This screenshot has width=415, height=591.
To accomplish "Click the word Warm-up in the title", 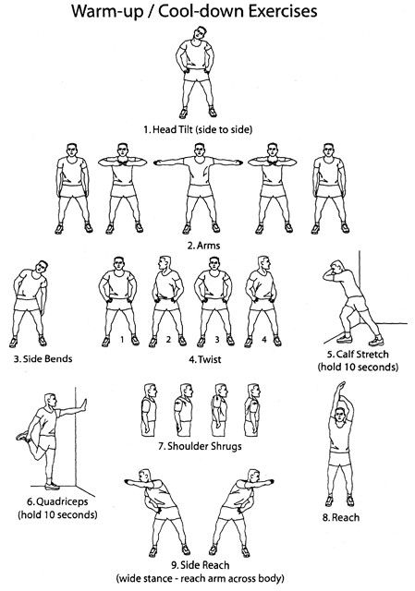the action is [x=107, y=12].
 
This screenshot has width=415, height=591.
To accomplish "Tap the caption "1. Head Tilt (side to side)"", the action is [x=198, y=129].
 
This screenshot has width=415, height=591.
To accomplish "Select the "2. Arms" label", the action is [x=203, y=246].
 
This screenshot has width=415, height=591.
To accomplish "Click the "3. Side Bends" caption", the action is [x=43, y=358].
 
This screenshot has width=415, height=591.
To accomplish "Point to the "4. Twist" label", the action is [x=205, y=359].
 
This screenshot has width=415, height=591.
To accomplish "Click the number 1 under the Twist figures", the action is [x=122, y=339].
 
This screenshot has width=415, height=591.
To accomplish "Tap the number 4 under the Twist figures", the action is [x=264, y=339].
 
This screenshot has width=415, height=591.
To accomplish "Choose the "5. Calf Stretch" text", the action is [x=358, y=355].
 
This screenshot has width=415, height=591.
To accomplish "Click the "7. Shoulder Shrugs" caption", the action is [x=200, y=446].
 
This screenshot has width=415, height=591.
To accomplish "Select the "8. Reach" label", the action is [x=341, y=517].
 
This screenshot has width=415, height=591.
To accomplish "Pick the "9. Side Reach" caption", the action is [x=200, y=565].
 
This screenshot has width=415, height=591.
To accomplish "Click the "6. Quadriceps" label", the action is [x=57, y=502].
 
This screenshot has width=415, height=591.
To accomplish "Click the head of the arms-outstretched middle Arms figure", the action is [x=200, y=151].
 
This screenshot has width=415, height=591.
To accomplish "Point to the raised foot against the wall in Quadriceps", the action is [x=84, y=405].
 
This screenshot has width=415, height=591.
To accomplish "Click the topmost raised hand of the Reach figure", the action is [x=341, y=385].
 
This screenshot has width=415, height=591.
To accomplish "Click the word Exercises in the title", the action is [x=283, y=12].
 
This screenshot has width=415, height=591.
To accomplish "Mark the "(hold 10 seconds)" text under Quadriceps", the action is [x=57, y=515].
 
